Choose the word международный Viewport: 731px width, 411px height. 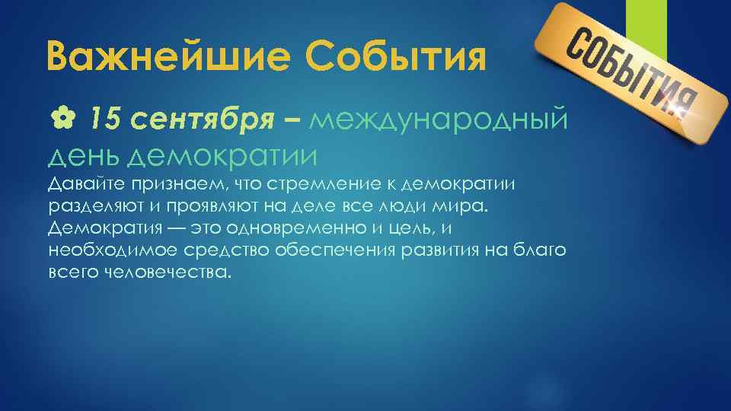click(439, 119)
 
